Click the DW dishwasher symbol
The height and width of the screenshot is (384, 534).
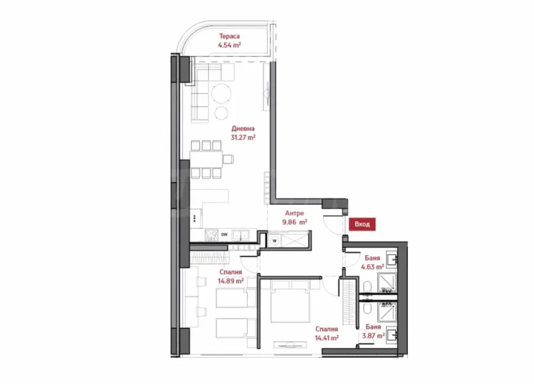click(x=225, y=235)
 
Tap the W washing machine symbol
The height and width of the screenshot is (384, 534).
click(x=274, y=241)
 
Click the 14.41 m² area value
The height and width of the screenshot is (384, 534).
click(x=326, y=339)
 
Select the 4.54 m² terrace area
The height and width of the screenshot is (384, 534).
click(x=229, y=45)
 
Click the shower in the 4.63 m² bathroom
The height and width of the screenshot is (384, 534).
click(x=387, y=282)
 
